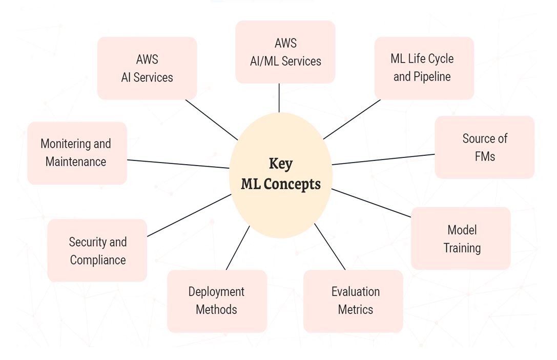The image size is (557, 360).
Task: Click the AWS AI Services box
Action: click(x=147, y=68)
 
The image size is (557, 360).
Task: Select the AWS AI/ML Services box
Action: click(x=285, y=52)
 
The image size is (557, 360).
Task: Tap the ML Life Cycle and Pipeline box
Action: click(x=424, y=68)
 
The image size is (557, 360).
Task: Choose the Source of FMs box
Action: click(x=485, y=147)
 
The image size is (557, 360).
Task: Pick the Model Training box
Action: click(x=461, y=238)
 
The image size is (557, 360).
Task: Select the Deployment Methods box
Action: click(x=217, y=301)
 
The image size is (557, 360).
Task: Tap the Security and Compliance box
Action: click(x=97, y=251)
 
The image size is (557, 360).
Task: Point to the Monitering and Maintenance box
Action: click(x=77, y=153)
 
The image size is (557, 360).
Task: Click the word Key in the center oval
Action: click(x=281, y=164)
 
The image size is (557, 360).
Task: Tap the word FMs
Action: click(x=485, y=156)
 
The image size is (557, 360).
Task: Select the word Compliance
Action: click(x=98, y=260)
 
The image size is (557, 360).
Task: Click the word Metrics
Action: click(x=355, y=310)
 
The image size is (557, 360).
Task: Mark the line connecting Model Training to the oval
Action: click(x=371, y=203)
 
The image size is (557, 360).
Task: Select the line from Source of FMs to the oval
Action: click(x=383, y=159)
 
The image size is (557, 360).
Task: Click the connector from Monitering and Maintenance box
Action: click(x=178, y=164)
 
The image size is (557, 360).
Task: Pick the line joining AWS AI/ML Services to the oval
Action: click(x=279, y=97)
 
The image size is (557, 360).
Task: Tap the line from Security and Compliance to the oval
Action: click(x=189, y=215)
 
